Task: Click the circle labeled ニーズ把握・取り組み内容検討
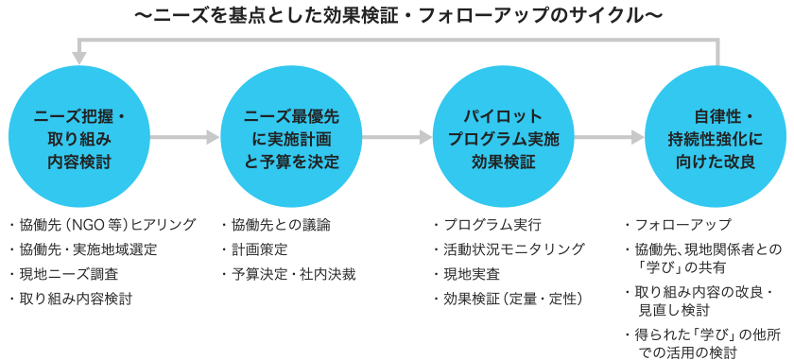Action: (79, 139)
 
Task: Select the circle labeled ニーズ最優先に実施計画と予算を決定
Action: (291, 139)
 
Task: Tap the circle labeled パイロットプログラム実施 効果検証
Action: (504, 139)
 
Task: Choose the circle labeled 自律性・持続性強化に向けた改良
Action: (716, 139)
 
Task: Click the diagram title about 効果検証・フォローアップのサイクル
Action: (397, 17)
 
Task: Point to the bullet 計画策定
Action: (260, 249)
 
